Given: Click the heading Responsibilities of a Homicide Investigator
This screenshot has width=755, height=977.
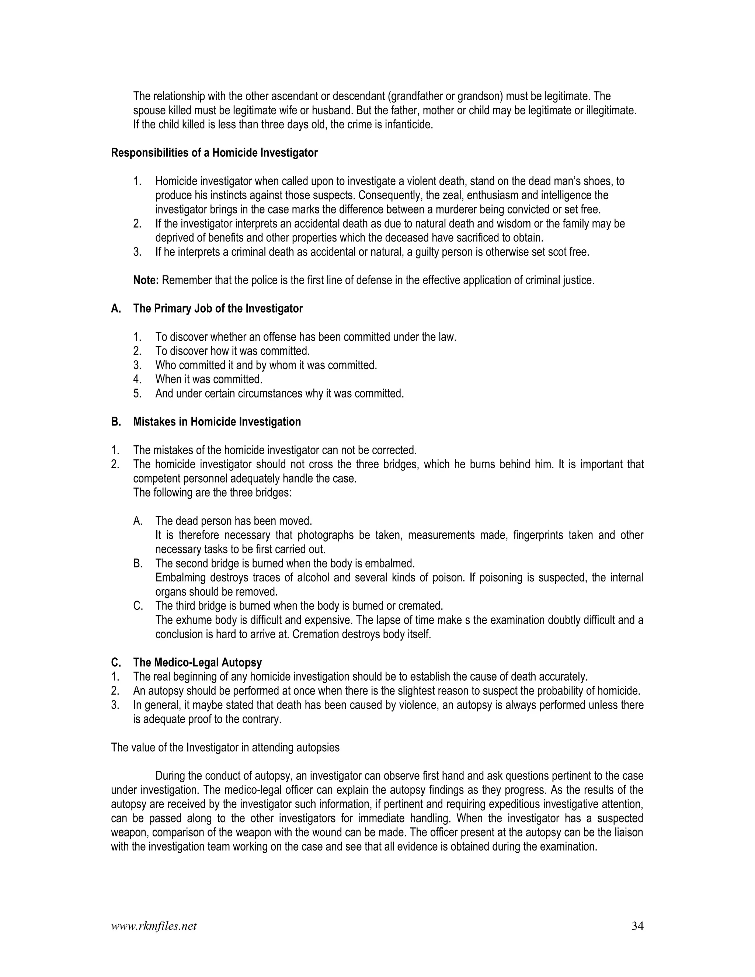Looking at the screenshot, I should coord(214,153).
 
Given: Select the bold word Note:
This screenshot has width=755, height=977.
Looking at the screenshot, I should coord(146,281).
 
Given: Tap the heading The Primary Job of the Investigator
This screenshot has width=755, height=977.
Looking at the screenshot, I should coord(218,309).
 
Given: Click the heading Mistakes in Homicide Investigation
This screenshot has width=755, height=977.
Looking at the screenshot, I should coord(217,422).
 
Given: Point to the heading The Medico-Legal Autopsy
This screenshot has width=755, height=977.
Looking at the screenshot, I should coord(197,663).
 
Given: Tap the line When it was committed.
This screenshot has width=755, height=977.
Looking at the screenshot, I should coord(208,379).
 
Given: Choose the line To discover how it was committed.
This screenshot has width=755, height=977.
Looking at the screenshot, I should coord(232,351).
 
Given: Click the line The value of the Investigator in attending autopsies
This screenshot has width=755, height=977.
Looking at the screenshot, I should coord(225,748).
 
